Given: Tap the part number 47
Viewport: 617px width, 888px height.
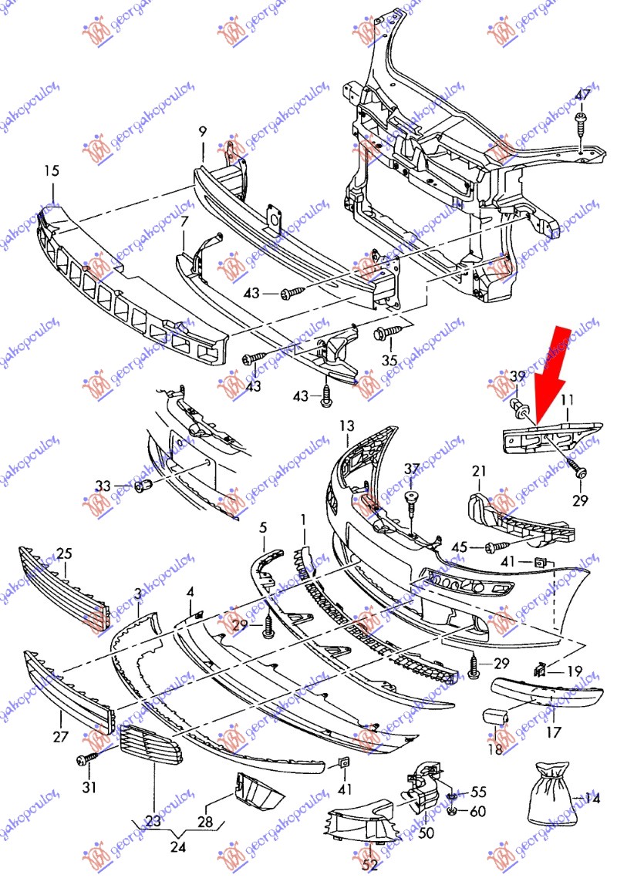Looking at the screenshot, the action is point(582,95).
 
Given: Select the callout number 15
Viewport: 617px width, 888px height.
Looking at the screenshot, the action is point(51,170).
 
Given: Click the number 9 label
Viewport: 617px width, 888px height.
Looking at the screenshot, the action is point(203,132).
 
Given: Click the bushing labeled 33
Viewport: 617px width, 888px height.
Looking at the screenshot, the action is point(144,486).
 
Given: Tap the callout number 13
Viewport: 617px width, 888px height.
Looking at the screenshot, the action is point(347,425).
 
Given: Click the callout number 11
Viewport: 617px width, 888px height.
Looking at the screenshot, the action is point(567,400).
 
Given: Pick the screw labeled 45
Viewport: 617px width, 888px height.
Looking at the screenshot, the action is point(497,546).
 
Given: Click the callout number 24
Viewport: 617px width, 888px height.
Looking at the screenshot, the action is point(178,847).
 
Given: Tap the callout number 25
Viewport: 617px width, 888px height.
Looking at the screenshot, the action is point(65,553).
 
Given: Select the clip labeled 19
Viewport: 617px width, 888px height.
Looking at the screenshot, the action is point(540,671).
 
